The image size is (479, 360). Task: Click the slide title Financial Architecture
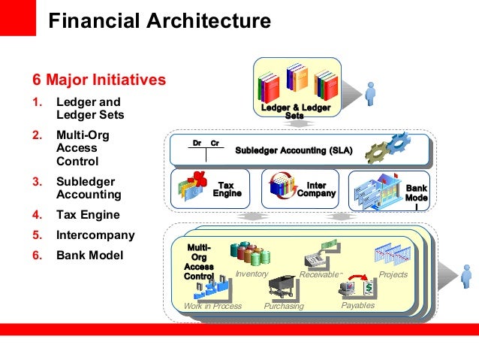point(159,22)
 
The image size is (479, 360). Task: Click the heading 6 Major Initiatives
point(98,79)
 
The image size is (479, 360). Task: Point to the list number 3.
point(37,181)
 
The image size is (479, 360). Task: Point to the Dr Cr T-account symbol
point(206,148)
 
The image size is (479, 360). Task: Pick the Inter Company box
point(300,188)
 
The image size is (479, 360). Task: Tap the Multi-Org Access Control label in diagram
point(198,262)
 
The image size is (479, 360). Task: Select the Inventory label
point(253,274)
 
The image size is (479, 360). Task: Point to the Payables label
point(357,305)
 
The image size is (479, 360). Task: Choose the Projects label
point(393,274)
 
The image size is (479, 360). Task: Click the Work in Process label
point(212,306)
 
